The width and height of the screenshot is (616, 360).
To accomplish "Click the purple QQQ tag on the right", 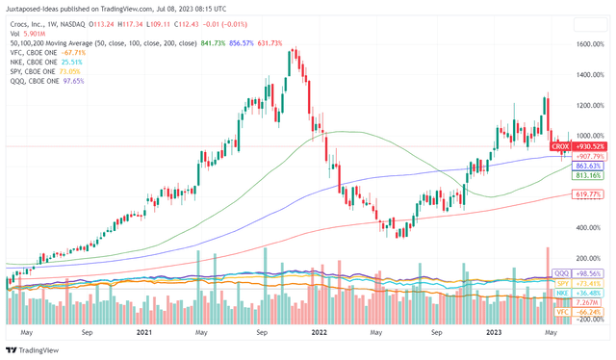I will [562, 275].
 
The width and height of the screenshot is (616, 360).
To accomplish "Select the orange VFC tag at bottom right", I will [562, 312].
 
